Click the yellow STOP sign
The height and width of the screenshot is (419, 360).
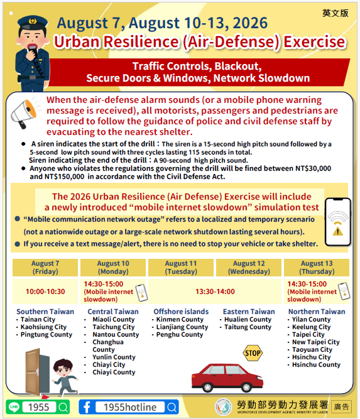point(253,353)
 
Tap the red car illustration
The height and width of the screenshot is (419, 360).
point(227,378)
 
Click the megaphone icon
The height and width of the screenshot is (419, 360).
point(24,113)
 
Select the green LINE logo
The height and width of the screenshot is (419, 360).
point(14,407)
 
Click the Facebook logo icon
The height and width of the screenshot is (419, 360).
point(87,407)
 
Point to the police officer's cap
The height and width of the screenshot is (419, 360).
point(33,23)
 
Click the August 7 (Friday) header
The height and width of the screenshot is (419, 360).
point(45,268)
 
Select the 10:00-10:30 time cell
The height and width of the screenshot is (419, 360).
point(45,291)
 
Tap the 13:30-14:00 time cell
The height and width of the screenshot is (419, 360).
point(215,291)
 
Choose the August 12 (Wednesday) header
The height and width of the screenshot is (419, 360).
point(249,268)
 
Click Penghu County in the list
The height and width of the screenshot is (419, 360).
point(180,335)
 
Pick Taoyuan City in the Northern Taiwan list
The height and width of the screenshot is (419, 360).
point(312,349)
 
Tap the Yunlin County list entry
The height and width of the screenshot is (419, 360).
point(114,357)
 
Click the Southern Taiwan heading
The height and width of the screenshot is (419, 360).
point(45,312)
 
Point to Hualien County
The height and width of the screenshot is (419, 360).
point(248,319)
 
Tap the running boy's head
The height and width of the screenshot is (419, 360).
point(63,368)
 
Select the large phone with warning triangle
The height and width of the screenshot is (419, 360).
point(337,222)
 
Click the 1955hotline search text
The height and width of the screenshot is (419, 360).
point(130,407)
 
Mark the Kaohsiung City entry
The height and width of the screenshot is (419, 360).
point(43,327)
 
